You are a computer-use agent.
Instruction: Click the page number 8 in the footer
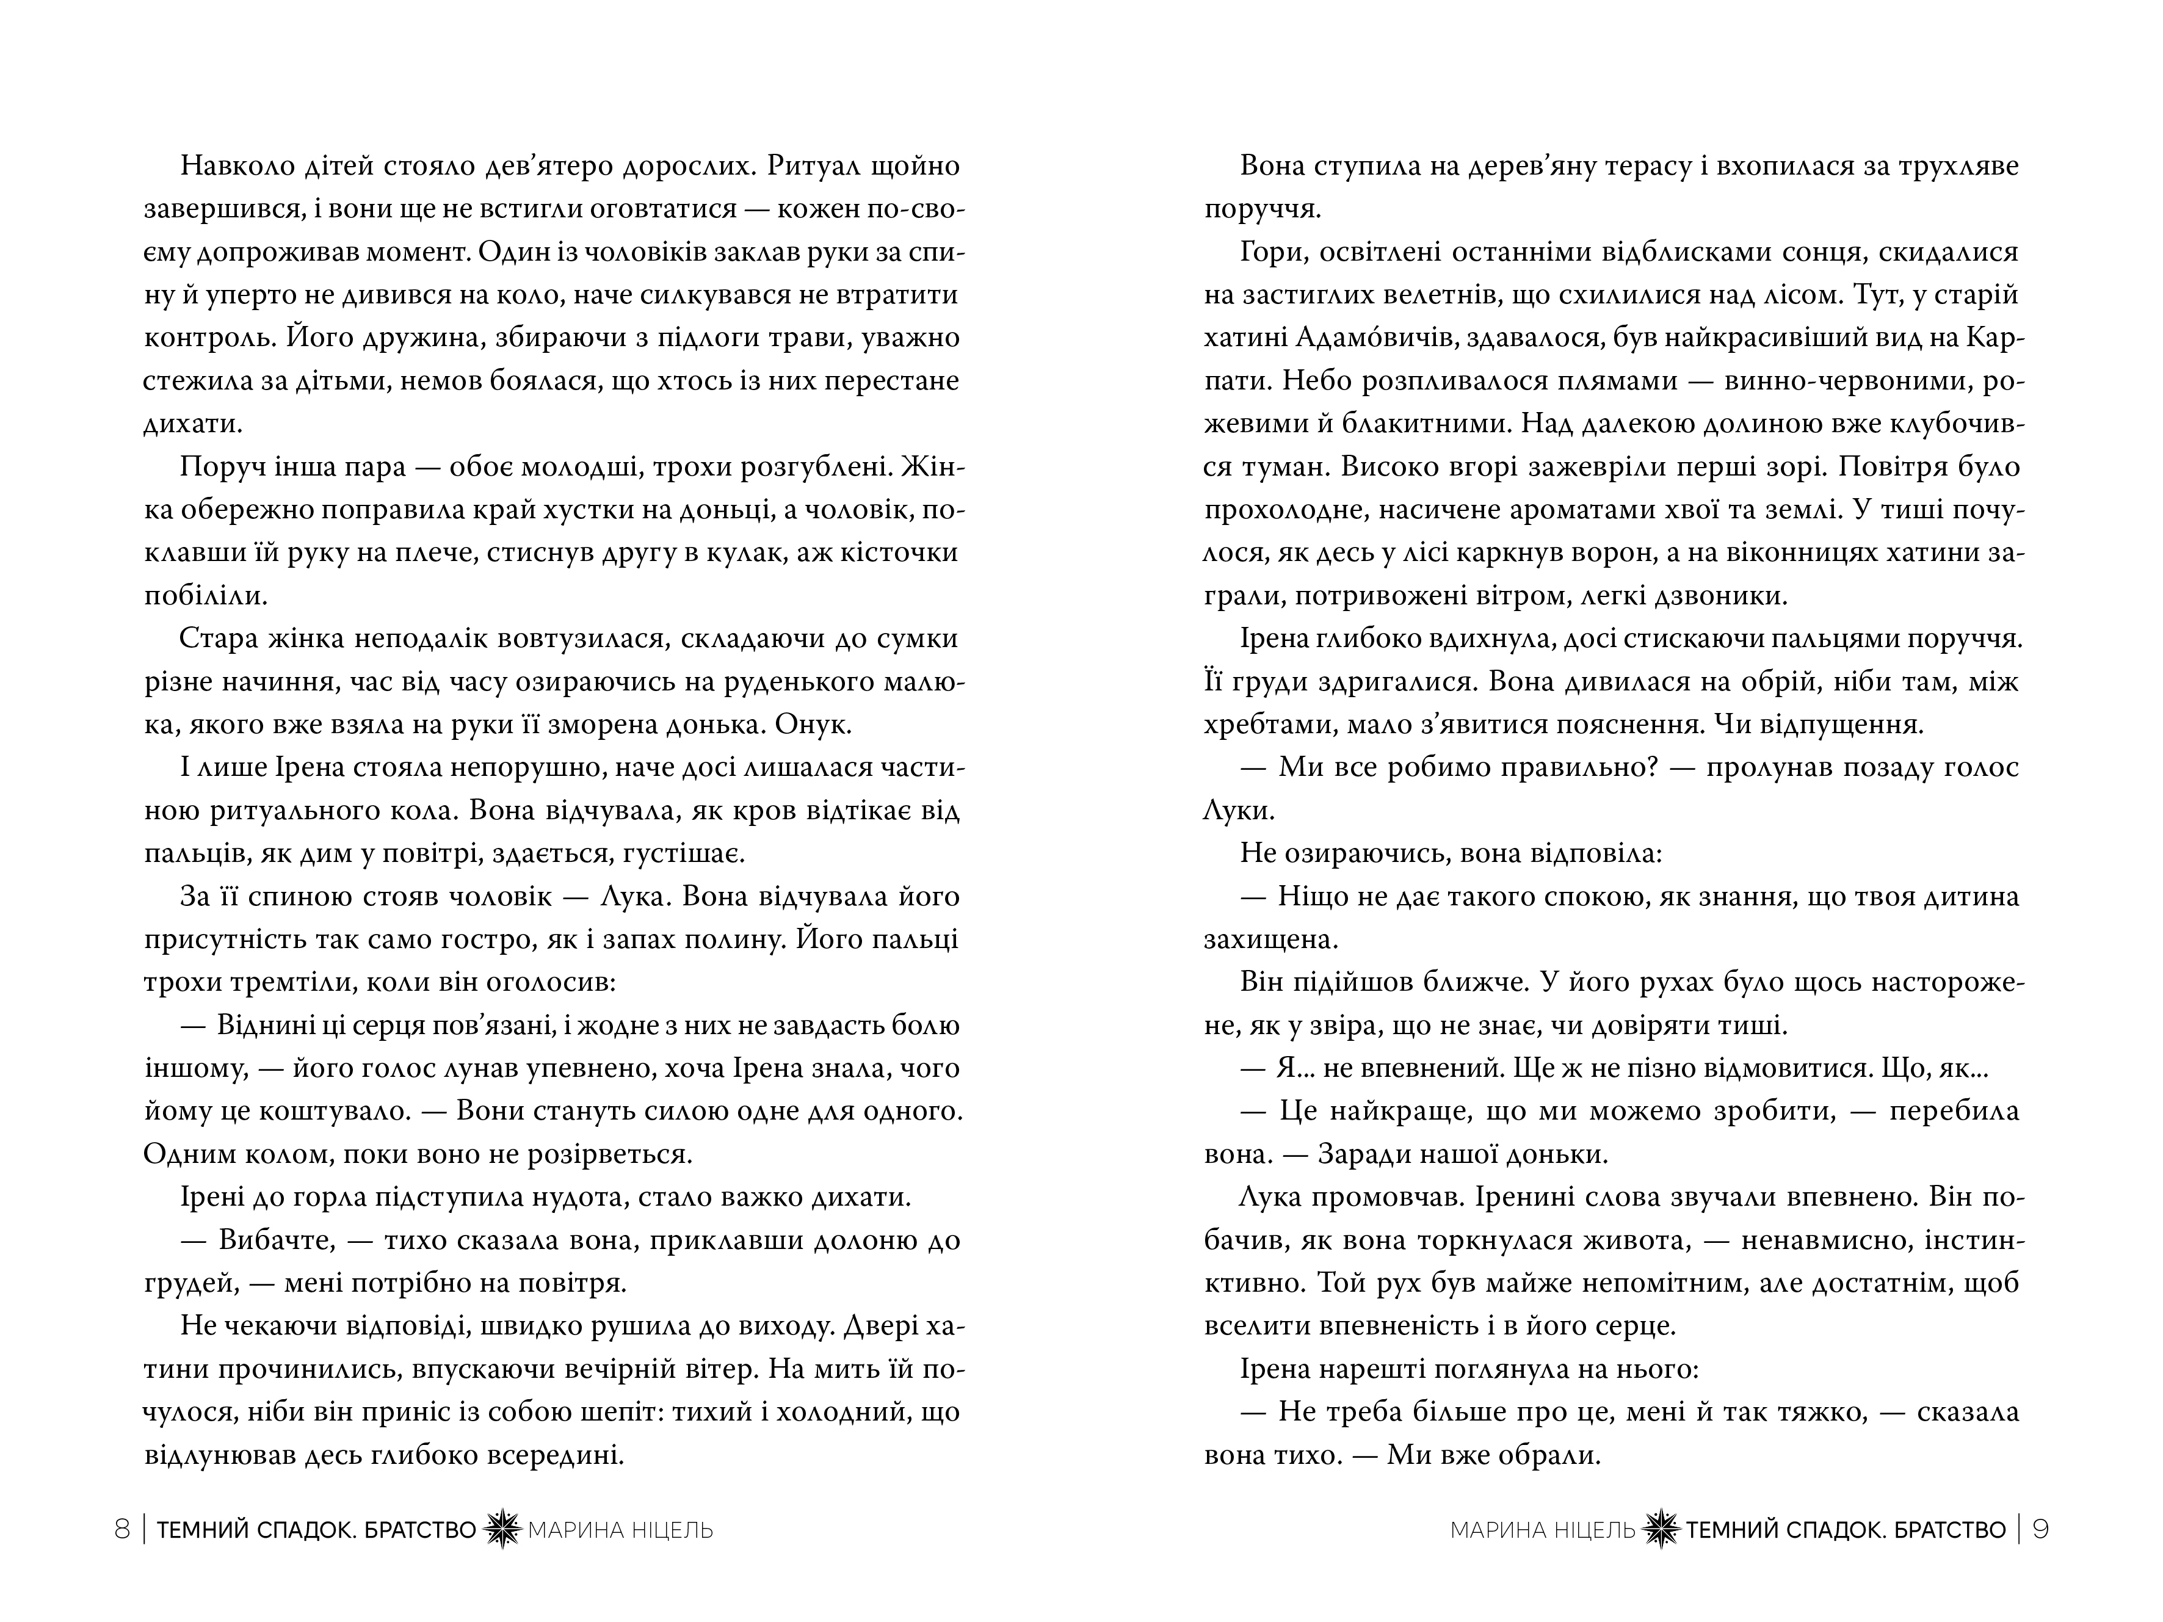pyautogui.click(x=122, y=1529)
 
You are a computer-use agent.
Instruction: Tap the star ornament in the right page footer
pyautogui.click(x=1661, y=1529)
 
